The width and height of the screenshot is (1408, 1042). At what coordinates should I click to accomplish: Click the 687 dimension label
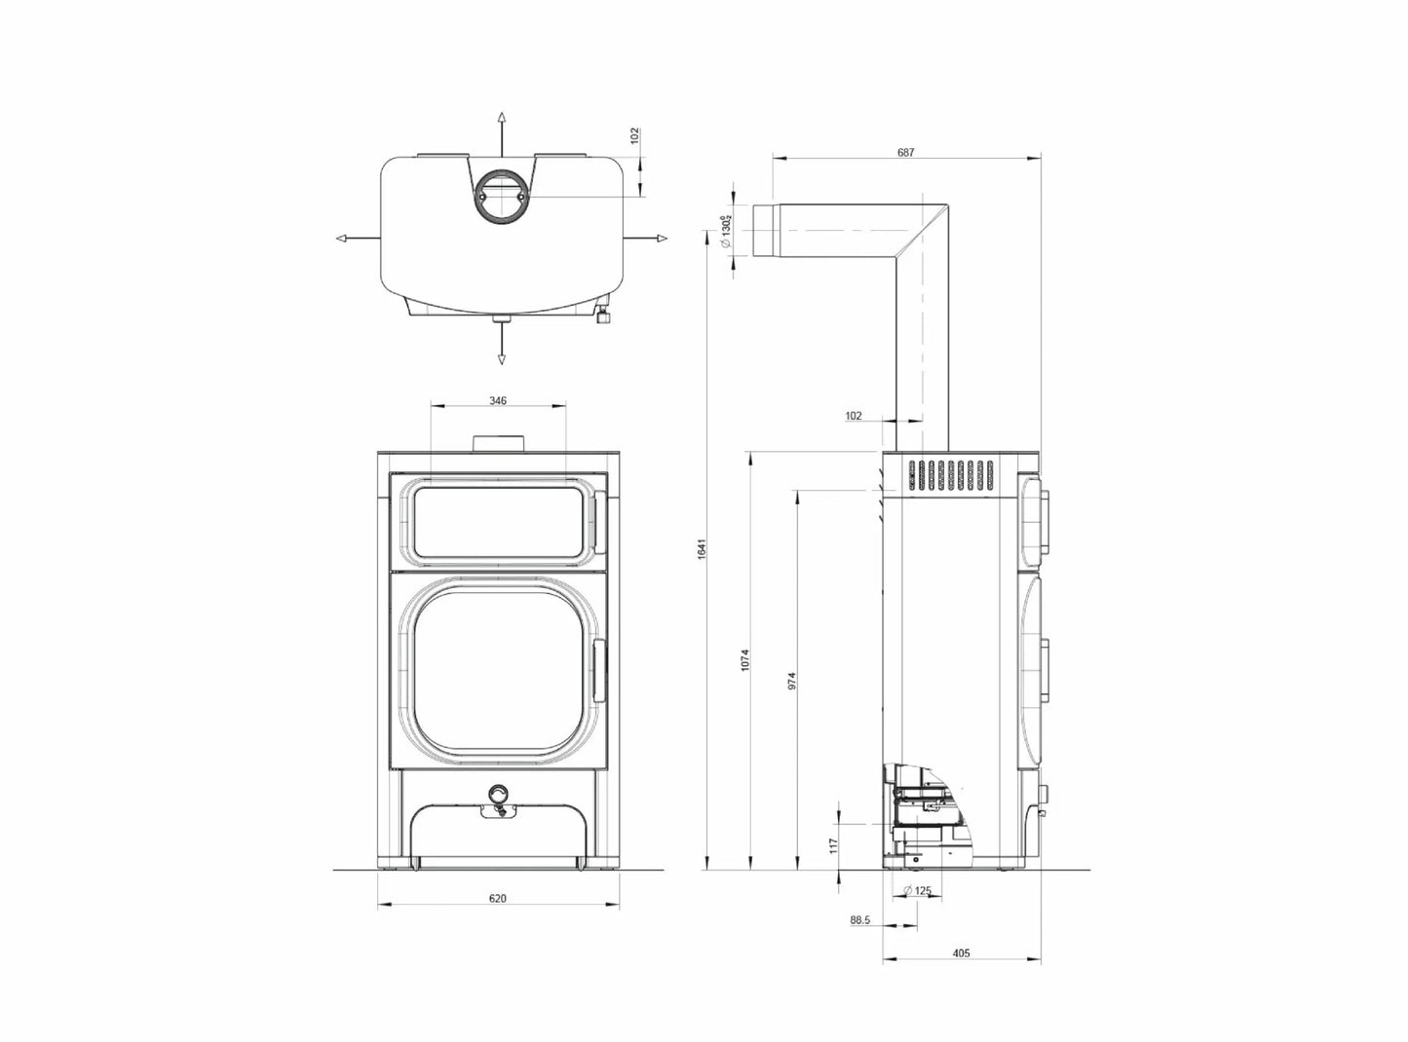click(906, 152)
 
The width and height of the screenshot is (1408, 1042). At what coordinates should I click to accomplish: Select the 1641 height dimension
click(702, 549)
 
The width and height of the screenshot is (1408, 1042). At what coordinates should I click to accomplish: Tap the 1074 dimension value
click(745, 660)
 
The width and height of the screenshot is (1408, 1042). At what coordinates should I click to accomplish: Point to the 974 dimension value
click(791, 681)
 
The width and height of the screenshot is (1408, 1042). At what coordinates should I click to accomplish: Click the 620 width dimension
click(498, 898)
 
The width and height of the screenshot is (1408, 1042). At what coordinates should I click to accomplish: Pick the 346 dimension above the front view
click(498, 400)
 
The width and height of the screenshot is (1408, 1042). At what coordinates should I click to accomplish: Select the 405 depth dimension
click(961, 952)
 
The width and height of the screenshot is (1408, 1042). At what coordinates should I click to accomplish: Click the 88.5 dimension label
click(859, 919)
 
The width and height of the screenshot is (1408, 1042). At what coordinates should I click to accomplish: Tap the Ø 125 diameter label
click(917, 890)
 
